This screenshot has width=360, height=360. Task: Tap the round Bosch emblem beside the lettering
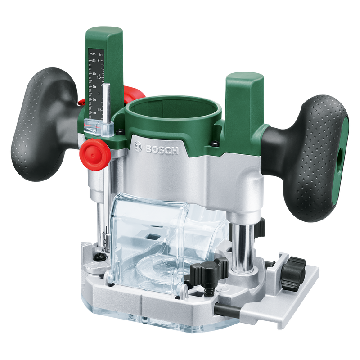coord(138,145)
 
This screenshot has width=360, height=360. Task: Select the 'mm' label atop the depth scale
coord(92,54)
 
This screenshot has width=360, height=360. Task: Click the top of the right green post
coord(245,79)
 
